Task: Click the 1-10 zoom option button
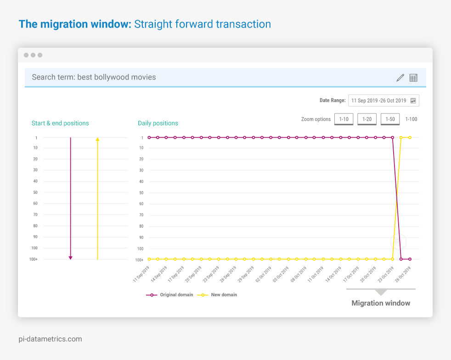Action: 344,119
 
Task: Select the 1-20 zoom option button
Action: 367,119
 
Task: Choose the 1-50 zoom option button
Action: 390,119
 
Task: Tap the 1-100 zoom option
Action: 411,119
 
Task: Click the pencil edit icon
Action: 400,78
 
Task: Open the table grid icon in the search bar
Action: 413,78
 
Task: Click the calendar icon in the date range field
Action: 413,101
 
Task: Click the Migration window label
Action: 381,303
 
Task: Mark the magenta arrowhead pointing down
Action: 70,258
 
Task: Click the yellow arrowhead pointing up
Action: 97,139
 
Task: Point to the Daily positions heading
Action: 158,123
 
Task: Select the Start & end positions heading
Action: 60,123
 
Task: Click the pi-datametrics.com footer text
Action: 50,339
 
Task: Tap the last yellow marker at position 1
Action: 410,137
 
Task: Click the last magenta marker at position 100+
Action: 410,259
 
